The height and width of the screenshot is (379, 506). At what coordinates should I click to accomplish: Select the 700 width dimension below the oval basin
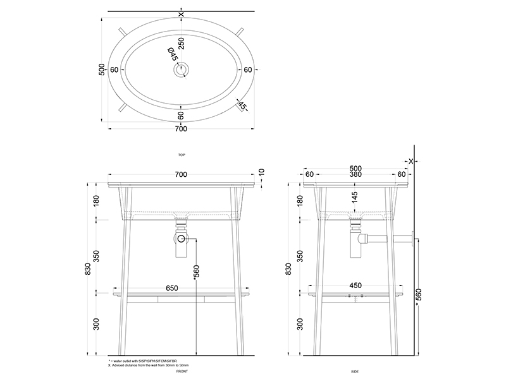point(181,129)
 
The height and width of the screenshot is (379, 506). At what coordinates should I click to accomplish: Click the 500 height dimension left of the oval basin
point(102,69)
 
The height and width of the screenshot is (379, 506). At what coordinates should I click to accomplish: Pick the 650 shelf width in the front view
point(171,287)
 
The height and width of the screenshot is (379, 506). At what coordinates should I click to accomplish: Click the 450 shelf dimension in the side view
point(355,286)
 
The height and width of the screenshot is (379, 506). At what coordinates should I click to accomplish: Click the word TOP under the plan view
point(182,155)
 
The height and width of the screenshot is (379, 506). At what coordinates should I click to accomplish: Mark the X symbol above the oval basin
point(182,14)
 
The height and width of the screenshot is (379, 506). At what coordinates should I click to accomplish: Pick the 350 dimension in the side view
point(300,256)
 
